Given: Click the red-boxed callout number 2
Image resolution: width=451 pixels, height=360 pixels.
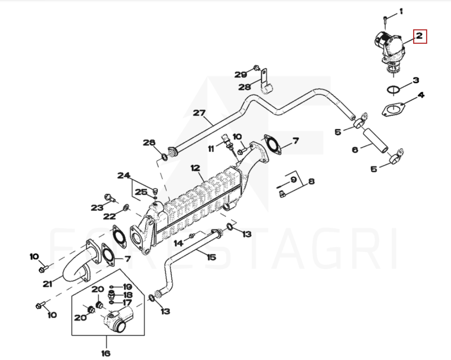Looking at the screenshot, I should click(420, 36).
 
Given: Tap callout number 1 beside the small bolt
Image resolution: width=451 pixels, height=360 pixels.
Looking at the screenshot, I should click(401, 11).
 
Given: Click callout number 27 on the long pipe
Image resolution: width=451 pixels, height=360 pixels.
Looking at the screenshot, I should click(199, 113).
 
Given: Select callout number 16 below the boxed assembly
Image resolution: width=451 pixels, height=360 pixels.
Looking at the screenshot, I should click(106, 353).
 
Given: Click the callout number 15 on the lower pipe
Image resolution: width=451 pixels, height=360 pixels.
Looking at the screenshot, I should click(211, 257).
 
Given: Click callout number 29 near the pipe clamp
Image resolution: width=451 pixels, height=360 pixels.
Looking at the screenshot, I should click(241, 74).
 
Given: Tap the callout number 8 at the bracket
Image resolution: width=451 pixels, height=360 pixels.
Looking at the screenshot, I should click(311, 181).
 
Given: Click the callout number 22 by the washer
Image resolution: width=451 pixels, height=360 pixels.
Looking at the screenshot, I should click(109, 216).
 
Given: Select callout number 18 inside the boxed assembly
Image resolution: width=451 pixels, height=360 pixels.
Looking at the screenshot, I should click(127, 294).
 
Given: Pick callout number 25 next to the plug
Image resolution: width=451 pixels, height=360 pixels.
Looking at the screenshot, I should click(141, 192).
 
